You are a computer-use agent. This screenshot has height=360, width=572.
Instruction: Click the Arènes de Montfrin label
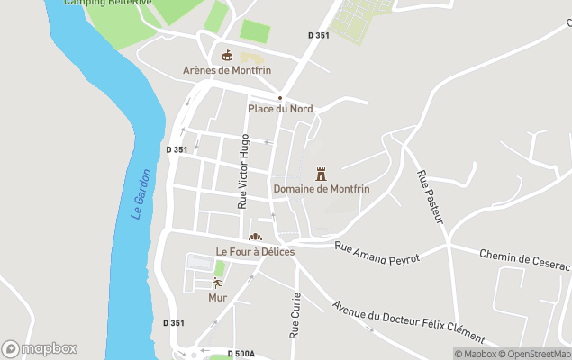click(x=227, y=70)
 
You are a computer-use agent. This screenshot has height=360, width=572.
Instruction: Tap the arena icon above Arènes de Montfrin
click(x=227, y=55)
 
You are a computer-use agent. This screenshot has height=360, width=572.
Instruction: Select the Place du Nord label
click(x=280, y=109)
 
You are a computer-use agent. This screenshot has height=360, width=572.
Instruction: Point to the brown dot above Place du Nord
click(x=280, y=97)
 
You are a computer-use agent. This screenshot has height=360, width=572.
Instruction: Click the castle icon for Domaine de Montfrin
click(x=321, y=174)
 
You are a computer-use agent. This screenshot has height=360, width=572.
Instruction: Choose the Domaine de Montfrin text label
click(x=322, y=189)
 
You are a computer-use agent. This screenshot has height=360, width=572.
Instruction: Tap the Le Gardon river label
click(x=141, y=194)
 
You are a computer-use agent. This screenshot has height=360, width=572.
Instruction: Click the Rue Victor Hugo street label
click(x=242, y=172)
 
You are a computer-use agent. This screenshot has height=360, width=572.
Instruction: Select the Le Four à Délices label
click(x=255, y=251)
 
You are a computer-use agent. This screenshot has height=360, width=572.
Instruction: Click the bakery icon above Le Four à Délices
click(x=255, y=237)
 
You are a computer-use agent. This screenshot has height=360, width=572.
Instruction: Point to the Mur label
click(x=218, y=297)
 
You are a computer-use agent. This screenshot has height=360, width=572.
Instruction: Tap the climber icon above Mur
click(x=217, y=283)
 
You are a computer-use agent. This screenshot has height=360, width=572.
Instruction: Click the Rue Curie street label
click(x=295, y=315)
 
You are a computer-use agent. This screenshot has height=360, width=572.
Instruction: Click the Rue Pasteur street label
click(x=427, y=193)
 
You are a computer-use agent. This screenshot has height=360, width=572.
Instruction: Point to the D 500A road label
click(x=241, y=354)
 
